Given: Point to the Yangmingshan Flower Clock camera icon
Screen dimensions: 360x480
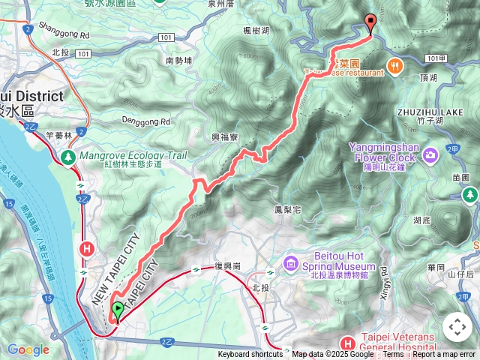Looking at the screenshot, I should [x=430, y=156].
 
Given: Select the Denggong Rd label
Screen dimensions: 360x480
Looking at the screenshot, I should [x=147, y=121].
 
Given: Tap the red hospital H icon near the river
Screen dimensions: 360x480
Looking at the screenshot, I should [x=88, y=249].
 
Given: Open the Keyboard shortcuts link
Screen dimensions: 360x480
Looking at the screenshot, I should [x=250, y=355].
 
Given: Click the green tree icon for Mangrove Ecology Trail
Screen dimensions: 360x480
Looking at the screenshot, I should [x=68, y=157].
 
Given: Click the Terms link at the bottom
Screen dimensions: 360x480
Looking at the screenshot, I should [x=393, y=355].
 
